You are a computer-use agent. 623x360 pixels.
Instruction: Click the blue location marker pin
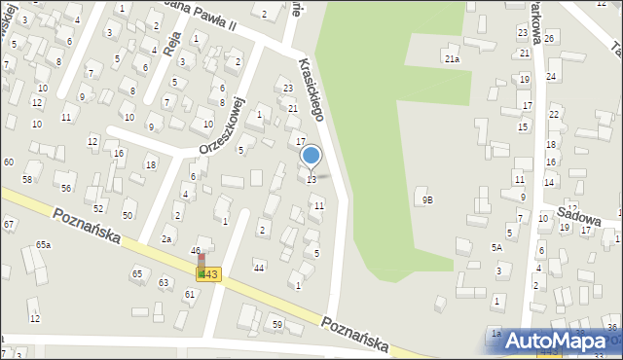(x=311, y=156)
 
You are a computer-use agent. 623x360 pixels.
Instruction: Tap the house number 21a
(x=452, y=59)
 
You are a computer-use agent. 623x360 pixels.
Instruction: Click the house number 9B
(x=427, y=199)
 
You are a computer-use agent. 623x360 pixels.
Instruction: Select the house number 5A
(x=496, y=248)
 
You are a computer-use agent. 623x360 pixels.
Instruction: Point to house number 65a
(x=43, y=244)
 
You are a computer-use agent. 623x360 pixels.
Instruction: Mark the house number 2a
(x=166, y=239)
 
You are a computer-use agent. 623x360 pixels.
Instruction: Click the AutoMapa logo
(x=558, y=341)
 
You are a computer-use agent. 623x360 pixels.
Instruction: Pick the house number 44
(x=258, y=268)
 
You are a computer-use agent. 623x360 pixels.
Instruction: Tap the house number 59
(x=277, y=324)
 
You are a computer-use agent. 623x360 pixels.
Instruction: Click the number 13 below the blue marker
(x=311, y=180)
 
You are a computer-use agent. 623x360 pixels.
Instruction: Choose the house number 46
(x=195, y=251)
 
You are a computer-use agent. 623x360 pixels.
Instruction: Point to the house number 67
(x=8, y=225)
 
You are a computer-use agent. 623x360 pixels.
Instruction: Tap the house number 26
(x=549, y=38)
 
